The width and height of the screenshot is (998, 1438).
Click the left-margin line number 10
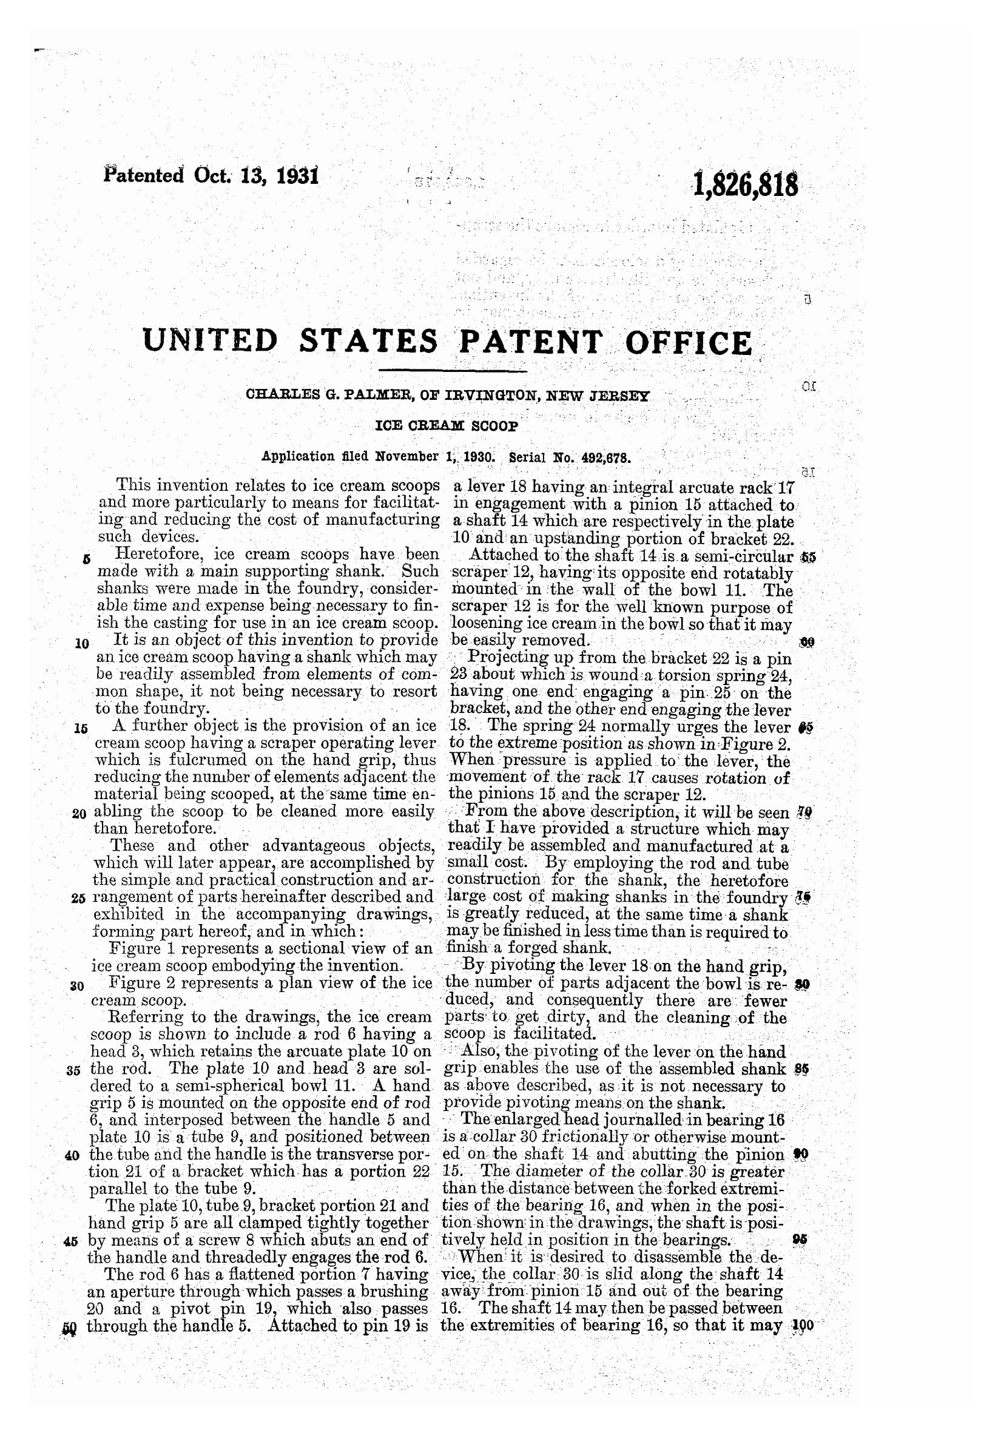(x=82, y=643)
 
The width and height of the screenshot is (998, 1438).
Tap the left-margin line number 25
(x=78, y=899)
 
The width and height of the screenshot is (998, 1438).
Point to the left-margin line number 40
(x=73, y=1155)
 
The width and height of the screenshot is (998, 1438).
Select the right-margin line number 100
(x=802, y=1326)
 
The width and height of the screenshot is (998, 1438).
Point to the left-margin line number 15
(x=81, y=728)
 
